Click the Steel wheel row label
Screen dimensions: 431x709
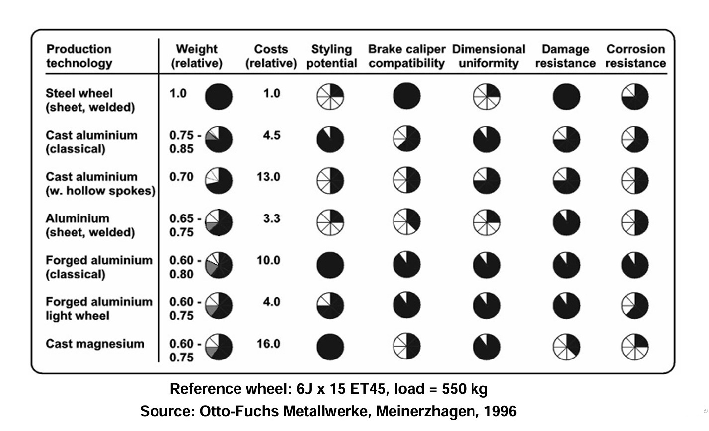coord(90,100)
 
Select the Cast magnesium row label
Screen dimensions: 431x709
coord(95,344)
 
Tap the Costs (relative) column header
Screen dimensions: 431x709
coord(271,56)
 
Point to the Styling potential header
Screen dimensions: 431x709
coord(331,56)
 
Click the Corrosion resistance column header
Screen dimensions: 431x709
coord(635,56)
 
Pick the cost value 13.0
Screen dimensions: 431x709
coord(268,177)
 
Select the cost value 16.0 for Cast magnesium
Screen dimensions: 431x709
coord(268,344)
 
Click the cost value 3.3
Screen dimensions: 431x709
coord(271,218)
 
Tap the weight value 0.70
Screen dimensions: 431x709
coord(182,177)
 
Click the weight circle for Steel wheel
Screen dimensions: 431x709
coord(219,96)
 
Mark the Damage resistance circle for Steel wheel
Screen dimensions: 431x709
coord(566,96)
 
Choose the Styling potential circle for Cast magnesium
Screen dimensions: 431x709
coord(330,346)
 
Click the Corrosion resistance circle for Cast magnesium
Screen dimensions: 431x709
coord(635,346)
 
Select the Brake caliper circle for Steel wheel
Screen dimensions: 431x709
coord(406,96)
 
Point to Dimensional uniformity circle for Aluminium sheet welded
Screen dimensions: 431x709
coord(487,221)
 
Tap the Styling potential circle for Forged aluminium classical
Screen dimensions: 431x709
coord(330,264)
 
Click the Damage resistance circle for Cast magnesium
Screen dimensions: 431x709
coord(566,346)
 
